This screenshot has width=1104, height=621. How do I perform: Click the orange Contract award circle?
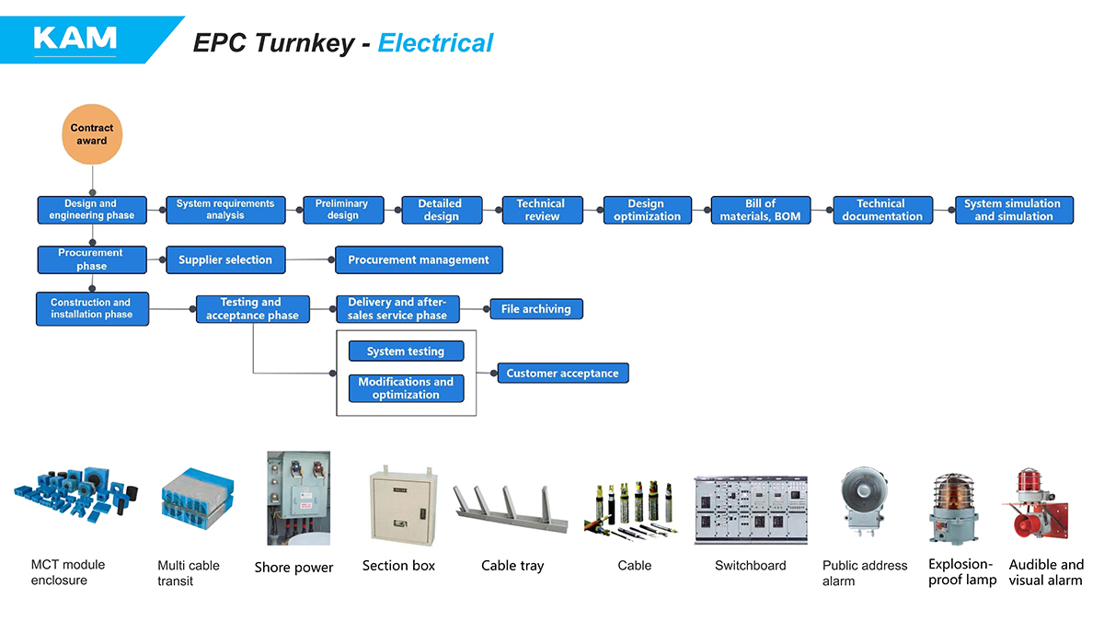[92, 134]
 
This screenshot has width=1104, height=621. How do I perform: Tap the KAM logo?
[75, 38]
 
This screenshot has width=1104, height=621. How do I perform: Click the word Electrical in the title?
[435, 43]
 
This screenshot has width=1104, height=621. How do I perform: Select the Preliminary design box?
[342, 210]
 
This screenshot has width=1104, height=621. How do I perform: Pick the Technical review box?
[541, 210]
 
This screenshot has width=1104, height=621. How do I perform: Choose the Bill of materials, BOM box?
[761, 210]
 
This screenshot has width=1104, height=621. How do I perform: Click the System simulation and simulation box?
[1013, 210]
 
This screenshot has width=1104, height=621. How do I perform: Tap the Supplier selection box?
[225, 259]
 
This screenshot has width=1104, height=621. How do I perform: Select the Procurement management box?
[419, 259]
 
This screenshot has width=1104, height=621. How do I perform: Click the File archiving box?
[536, 309]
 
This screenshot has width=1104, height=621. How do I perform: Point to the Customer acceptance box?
[563, 373]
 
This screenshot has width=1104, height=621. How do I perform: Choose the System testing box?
[406, 351]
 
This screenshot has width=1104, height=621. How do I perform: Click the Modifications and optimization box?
[406, 388]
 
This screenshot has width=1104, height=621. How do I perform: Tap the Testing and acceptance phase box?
[252, 309]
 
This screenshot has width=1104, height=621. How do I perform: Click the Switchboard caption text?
[751, 565]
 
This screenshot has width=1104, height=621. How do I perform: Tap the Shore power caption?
[293, 568]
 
